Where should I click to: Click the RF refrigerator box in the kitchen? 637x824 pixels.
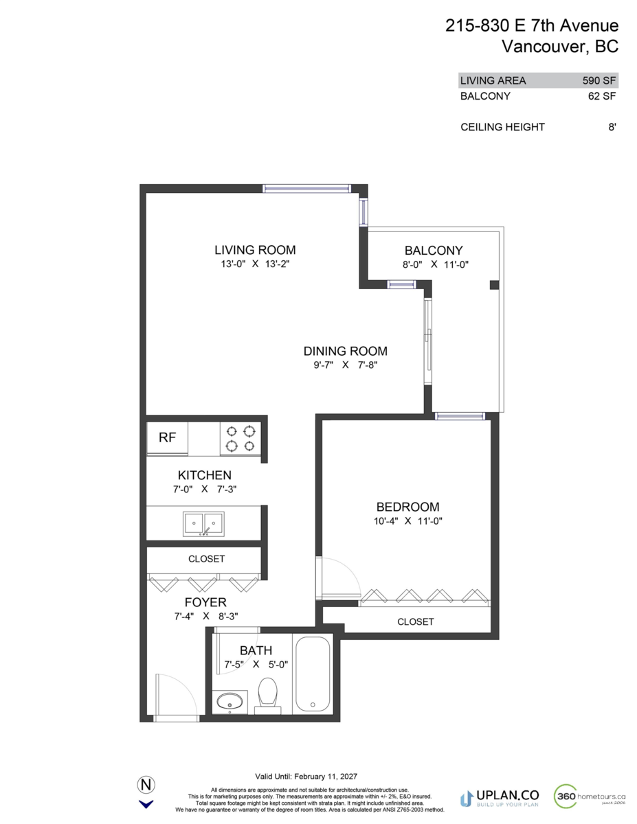pos(167,438)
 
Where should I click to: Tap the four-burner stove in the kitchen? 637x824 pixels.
pos(241,439)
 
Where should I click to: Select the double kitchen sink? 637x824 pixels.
pos(203,525)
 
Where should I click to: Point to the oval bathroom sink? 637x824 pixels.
pos(229,702)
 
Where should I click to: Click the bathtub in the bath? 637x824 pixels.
pos(313,675)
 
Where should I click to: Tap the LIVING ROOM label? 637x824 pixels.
pos(255,250)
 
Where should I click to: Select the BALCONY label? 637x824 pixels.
pos(434,251)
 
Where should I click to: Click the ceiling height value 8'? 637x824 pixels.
pos(612,127)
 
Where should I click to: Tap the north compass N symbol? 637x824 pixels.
pos(146,785)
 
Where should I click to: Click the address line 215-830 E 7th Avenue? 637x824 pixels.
pos(532,26)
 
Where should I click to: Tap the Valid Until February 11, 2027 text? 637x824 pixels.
pos(306,776)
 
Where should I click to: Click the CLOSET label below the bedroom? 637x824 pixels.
pos(416,621)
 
